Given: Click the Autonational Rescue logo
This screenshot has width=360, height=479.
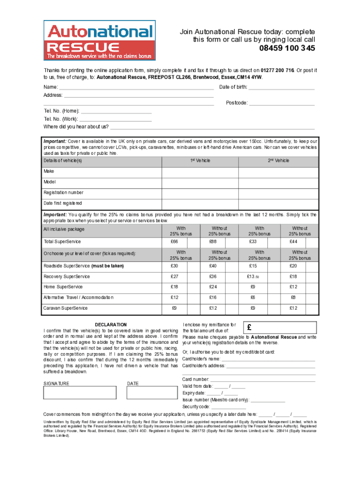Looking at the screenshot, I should [x=99, y=41].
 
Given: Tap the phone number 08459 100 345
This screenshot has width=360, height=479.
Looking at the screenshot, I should [x=287, y=49].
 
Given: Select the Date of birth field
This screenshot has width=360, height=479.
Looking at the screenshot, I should [x=281, y=87].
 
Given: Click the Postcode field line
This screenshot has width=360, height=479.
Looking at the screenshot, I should [x=281, y=103].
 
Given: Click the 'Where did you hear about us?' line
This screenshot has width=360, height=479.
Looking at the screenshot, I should [x=212, y=127].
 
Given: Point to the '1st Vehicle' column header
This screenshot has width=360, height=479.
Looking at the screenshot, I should [x=200, y=161].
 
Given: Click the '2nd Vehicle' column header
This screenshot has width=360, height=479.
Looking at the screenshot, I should [x=279, y=161].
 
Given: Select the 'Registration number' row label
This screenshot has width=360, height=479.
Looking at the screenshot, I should [x=64, y=193].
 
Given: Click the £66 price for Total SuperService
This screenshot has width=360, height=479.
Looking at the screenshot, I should [x=175, y=242].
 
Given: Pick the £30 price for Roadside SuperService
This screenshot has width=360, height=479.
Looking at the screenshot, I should [x=175, y=266].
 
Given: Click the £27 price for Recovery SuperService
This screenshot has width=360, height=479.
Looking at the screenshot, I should [x=175, y=276].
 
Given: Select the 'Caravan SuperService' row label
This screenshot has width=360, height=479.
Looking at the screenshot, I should [x=65, y=308].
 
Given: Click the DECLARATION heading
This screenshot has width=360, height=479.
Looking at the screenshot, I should [x=111, y=324].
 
